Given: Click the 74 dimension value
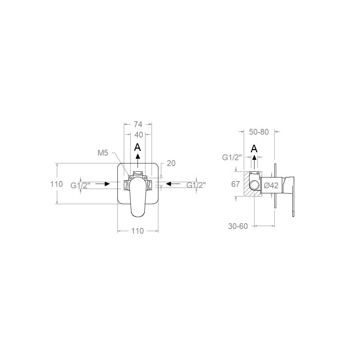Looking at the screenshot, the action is pos(138,124).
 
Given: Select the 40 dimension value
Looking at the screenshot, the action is pos(139,135).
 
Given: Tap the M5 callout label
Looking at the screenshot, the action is pos(103,153).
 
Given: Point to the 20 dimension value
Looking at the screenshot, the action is pos(171,163).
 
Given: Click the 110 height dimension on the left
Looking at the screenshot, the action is pos(57,184).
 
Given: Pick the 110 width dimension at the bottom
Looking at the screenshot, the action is pos(138,231).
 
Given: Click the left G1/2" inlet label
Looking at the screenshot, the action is pos(80,185).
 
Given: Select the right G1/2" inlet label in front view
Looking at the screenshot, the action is pos(196,185).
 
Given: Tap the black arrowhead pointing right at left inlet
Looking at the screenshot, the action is pos(107,184).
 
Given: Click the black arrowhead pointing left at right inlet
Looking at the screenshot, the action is pos(168,184).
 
